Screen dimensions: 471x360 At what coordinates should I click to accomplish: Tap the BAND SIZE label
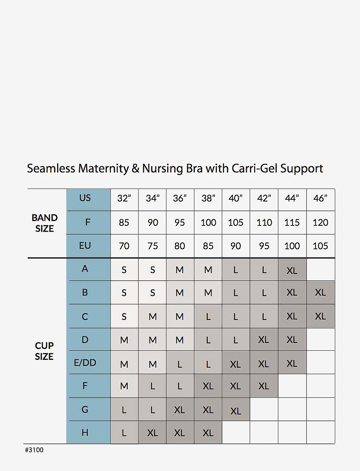click(x=44, y=223)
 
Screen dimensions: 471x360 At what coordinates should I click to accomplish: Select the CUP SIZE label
click(x=44, y=351)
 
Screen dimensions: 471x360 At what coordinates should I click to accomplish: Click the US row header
click(x=85, y=198)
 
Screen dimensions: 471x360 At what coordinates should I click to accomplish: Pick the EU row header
click(x=85, y=246)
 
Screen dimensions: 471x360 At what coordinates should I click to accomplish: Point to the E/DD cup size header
click(x=85, y=363)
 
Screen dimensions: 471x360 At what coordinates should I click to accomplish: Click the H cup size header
click(x=85, y=432)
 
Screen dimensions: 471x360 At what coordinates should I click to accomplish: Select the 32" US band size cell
click(x=124, y=198)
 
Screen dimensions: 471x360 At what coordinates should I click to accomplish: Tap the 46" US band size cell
click(x=320, y=198)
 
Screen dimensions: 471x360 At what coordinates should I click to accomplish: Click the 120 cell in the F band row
click(x=320, y=222)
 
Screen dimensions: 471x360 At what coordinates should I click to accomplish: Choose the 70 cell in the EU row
click(x=124, y=246)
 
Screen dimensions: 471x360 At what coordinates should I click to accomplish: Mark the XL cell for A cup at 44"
click(x=292, y=270)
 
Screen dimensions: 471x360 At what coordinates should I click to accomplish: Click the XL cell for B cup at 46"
click(x=320, y=293)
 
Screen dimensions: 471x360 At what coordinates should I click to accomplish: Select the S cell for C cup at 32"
click(x=124, y=316)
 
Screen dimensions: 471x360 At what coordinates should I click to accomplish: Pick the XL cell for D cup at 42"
click(x=264, y=340)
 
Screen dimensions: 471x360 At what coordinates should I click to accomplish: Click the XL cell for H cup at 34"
click(x=153, y=433)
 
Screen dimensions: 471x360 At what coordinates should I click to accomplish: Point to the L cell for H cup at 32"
click(x=124, y=433)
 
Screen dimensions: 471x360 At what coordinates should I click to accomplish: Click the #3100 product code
click(x=34, y=450)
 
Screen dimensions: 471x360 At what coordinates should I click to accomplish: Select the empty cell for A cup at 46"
click(x=320, y=270)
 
